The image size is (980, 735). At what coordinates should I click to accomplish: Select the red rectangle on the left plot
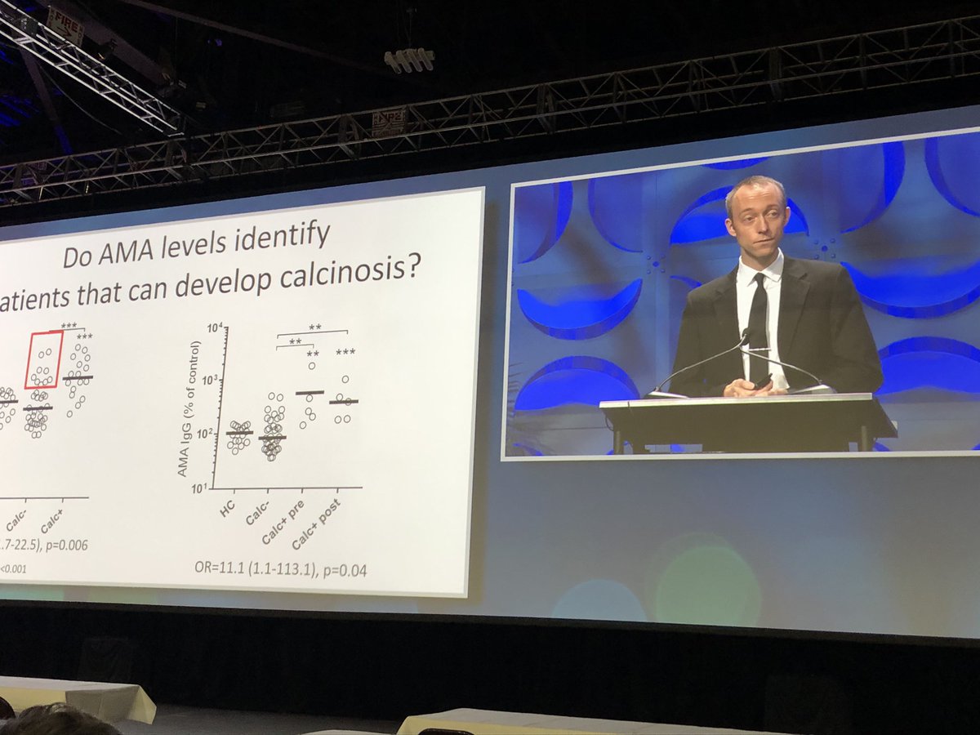coord(43,359)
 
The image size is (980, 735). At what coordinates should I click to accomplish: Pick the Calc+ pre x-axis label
coord(283,523)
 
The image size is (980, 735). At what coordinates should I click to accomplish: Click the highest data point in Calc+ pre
coord(311,366)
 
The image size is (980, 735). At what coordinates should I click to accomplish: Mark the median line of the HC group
coord(238,433)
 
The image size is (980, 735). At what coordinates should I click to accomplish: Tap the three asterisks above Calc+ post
coord(345,353)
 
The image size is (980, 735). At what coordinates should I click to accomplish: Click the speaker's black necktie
coord(758,323)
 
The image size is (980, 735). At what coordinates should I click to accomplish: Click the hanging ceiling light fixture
coord(409,60)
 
